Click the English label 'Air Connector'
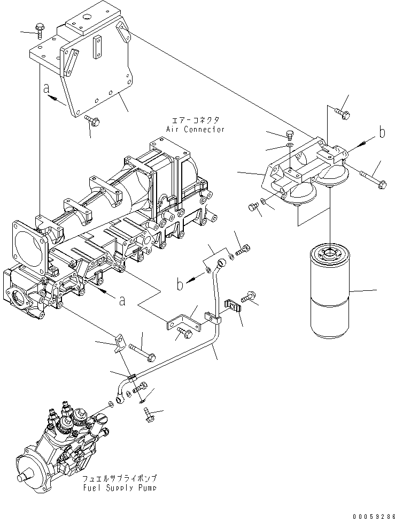(x=195, y=130)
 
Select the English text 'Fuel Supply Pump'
(x=120, y=488)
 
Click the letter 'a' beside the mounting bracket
(x=46, y=87)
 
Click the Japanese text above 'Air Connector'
(x=196, y=121)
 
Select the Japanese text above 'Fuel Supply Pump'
(x=120, y=478)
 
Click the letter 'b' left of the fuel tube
(x=181, y=283)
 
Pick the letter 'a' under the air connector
(x=122, y=300)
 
